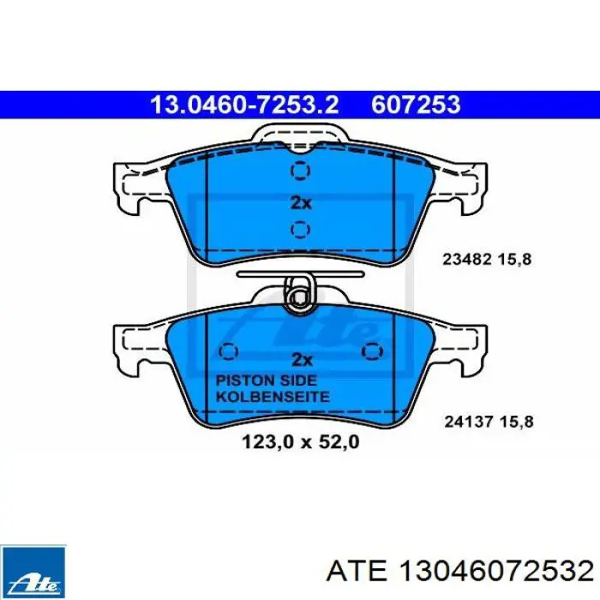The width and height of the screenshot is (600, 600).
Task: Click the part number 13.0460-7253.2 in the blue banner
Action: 244,105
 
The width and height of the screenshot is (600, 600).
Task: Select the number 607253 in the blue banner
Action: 416,105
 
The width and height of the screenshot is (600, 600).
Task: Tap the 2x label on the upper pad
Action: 301,203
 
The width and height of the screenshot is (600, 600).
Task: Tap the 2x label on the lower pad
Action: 302,359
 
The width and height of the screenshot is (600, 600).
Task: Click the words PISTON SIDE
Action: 267,381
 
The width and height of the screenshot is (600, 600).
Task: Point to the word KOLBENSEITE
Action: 273,396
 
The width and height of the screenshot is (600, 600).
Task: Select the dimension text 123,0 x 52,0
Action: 301,442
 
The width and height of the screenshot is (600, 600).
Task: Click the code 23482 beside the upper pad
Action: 467,260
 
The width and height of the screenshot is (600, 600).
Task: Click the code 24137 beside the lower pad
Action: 468,422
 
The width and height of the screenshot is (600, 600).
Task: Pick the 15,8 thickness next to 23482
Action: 514,260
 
